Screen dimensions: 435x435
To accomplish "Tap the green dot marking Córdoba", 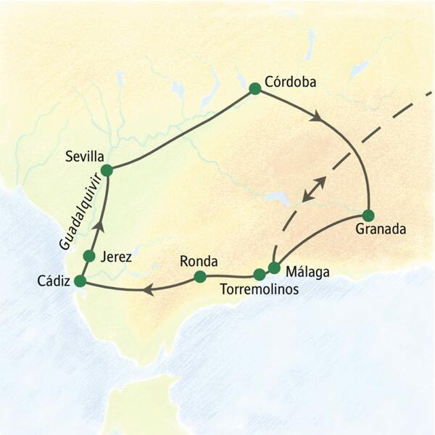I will coord(254,88).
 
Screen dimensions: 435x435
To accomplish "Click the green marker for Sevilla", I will coord(107,170).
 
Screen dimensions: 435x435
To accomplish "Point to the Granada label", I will coord(381,231).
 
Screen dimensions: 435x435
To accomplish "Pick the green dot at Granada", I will coord(368,215).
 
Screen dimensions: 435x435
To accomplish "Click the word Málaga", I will coord(308,273).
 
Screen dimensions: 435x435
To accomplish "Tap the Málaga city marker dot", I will coord(274,268).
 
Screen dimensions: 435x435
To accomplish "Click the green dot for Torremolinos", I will coord(260,275).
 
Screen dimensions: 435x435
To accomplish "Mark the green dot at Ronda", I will coord(200,276).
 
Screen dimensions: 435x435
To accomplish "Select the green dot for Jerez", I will coord(90,256).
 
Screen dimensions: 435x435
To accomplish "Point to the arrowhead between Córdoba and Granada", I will coord(316,116).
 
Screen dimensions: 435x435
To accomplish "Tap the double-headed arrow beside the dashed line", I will coord(312,188).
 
